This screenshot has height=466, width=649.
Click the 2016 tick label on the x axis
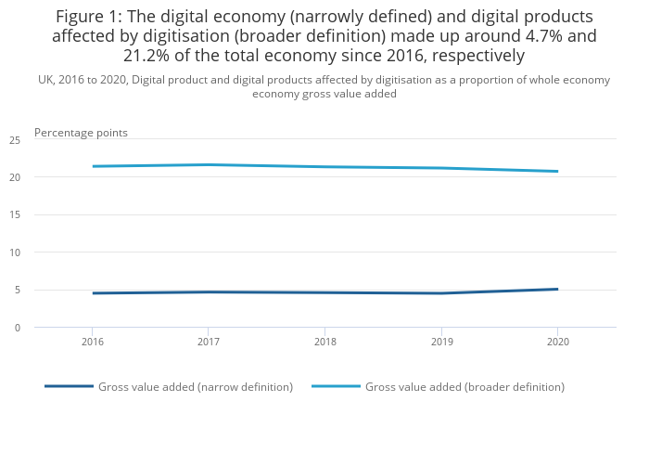[92, 343]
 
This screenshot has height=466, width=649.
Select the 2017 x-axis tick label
[208, 343]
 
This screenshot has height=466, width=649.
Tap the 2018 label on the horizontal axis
[324, 343]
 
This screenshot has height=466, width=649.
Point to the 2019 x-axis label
[440, 343]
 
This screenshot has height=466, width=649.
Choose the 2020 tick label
[556, 343]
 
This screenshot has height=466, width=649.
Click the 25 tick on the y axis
[15, 140]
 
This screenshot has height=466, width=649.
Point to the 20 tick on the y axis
[15, 177]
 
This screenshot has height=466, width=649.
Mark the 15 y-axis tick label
[15, 215]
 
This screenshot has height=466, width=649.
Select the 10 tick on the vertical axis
[15, 252]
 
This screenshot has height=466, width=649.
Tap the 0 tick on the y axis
[18, 328]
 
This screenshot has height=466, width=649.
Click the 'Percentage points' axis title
[81, 133]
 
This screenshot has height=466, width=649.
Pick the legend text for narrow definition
[196, 387]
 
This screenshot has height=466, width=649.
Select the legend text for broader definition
[464, 387]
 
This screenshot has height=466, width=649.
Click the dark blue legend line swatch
[69, 386]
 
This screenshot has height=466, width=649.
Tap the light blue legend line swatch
[336, 386]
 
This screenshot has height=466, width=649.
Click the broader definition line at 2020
[556, 171]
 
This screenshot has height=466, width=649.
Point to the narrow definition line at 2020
[556, 289]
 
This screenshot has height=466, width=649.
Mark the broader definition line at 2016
[92, 166]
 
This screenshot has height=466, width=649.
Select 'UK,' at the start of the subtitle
[46, 80]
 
